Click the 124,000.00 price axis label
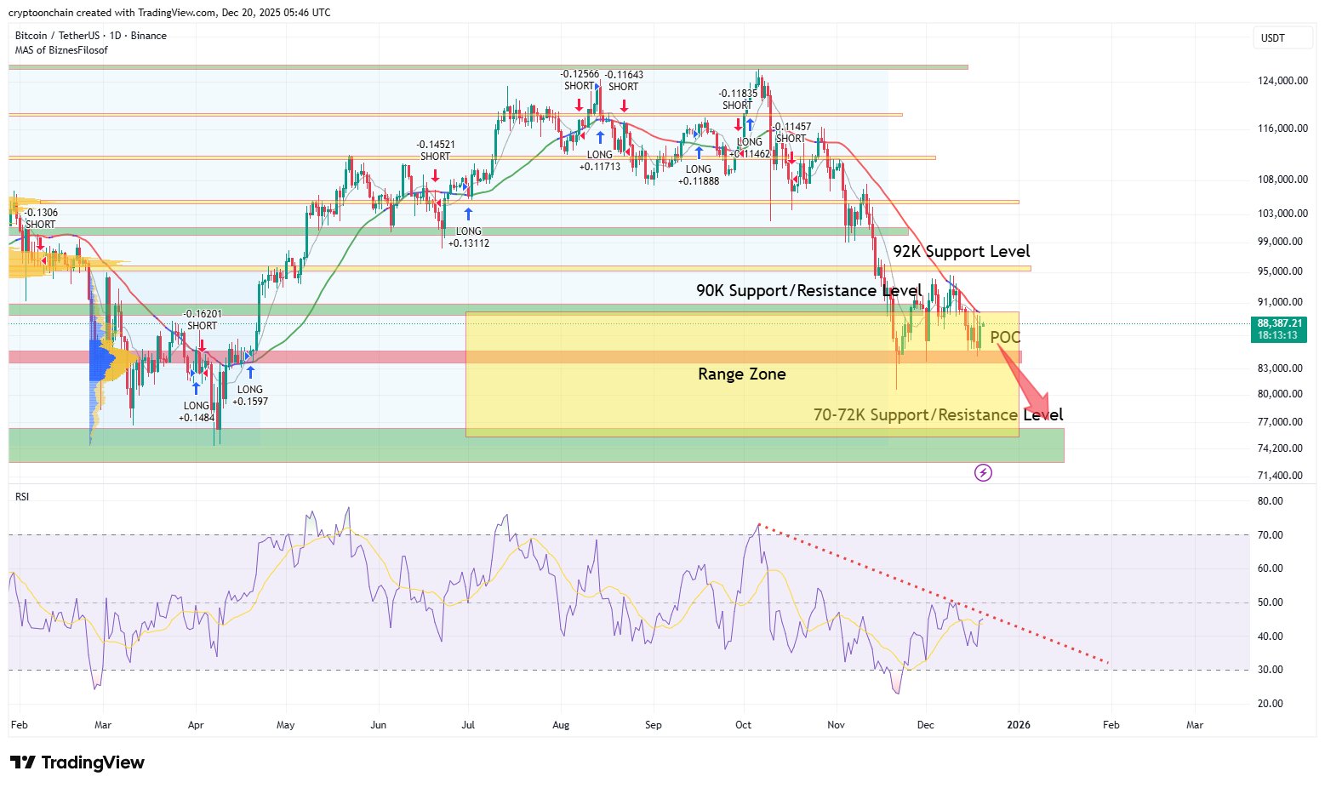click(1282, 81)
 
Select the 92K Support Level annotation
click(961, 252)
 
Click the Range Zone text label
click(741, 374)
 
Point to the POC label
click(1005, 338)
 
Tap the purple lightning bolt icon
click(983, 472)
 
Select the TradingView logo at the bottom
click(77, 762)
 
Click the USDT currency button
click(1273, 38)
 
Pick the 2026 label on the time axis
click(1018, 725)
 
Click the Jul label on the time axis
click(468, 725)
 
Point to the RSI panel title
click(22, 496)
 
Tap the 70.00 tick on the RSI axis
click(1270, 535)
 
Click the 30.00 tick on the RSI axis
click(1270, 670)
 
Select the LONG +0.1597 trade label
click(250, 396)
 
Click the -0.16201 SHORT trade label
click(203, 320)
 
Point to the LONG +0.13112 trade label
click(468, 237)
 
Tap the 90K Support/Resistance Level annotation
click(808, 291)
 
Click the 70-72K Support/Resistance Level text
click(938, 415)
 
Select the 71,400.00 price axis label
click(1280, 476)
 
